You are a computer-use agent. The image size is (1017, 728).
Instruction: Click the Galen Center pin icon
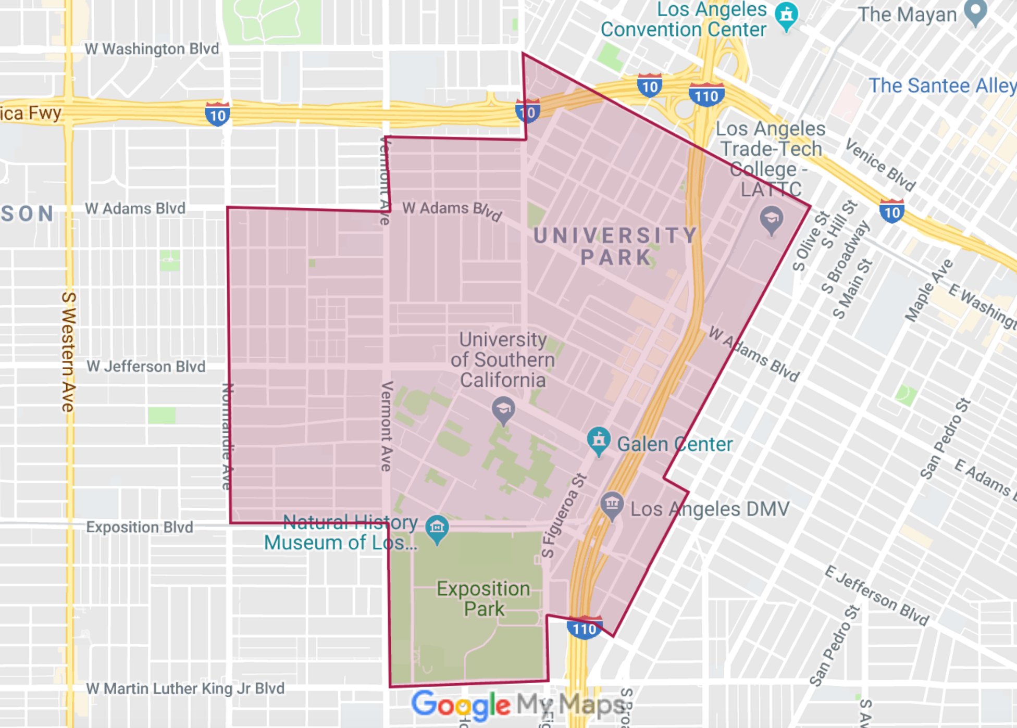point(599,441)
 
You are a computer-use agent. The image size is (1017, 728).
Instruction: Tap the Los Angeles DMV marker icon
point(612,504)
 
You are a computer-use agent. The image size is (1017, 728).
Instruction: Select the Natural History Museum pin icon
point(437,528)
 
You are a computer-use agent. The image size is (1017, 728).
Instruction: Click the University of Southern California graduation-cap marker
point(503,410)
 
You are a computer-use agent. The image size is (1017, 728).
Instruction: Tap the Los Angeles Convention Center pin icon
point(787,15)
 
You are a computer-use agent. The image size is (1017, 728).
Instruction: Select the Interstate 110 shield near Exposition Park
point(585,628)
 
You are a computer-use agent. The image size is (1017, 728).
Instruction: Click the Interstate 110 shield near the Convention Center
point(706,95)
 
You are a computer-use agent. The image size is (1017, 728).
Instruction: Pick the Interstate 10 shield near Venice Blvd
point(891,211)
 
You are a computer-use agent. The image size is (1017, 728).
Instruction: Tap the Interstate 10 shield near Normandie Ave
point(217,115)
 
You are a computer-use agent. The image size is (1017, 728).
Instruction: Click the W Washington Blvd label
point(152,49)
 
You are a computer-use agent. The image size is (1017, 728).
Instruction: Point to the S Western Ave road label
point(68,352)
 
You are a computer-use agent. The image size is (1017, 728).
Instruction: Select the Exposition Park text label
point(483,598)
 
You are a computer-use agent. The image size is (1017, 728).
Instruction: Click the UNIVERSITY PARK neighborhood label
point(616,246)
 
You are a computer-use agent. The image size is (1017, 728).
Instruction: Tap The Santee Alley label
point(942,85)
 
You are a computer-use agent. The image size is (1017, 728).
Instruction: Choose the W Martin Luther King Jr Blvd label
point(185,688)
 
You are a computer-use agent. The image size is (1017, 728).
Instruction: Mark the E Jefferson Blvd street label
point(877,596)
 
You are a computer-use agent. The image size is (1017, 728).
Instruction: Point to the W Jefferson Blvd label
point(146,367)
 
